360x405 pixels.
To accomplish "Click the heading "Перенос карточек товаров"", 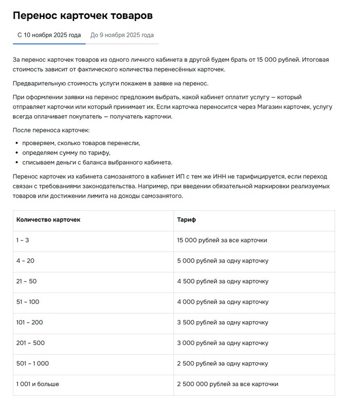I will coord(82,15).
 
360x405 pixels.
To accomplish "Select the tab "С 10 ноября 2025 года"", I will coord(49,36).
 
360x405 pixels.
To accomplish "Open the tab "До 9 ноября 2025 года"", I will coord(122,36).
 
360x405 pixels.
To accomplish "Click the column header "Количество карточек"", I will coord(48,220).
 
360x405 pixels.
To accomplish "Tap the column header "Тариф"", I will coord(186,220).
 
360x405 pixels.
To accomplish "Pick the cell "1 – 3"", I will coord(24,240).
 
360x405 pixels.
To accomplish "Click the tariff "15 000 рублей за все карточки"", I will coord(222,240).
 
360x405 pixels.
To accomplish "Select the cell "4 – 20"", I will coord(25,261).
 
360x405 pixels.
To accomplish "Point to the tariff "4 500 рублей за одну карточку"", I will coord(223,281).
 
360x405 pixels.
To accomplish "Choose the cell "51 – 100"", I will coord(28,302).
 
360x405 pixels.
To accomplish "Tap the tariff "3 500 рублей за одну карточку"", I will coord(223,323).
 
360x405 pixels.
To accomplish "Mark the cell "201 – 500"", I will coord(30,343).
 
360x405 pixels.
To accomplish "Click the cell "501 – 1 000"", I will coord(32,364).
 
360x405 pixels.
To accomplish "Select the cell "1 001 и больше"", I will coord(38,384).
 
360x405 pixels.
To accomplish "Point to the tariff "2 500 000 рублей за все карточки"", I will coord(227,384).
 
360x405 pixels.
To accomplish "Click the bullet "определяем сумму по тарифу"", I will coord(66,153).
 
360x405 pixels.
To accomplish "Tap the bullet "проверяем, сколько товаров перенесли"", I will coord(81,143).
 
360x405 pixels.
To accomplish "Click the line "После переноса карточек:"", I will coord(51,130).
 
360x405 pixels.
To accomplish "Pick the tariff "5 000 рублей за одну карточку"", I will coord(223,261).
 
